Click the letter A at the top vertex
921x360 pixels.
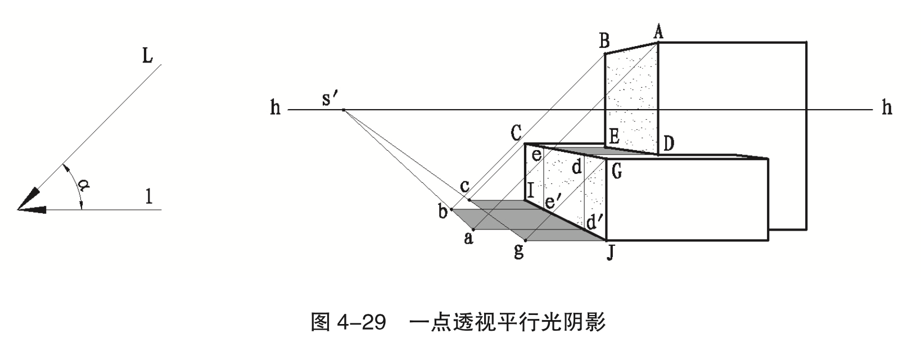pos(658,31)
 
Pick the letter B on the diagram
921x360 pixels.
pos(604,40)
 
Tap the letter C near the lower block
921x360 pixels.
pos(516,133)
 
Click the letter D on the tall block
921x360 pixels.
pos(668,143)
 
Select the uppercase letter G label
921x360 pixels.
pos(617,171)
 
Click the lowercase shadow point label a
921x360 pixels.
pos(468,238)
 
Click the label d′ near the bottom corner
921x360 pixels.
pos(594,222)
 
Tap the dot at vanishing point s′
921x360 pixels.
pos(344,110)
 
